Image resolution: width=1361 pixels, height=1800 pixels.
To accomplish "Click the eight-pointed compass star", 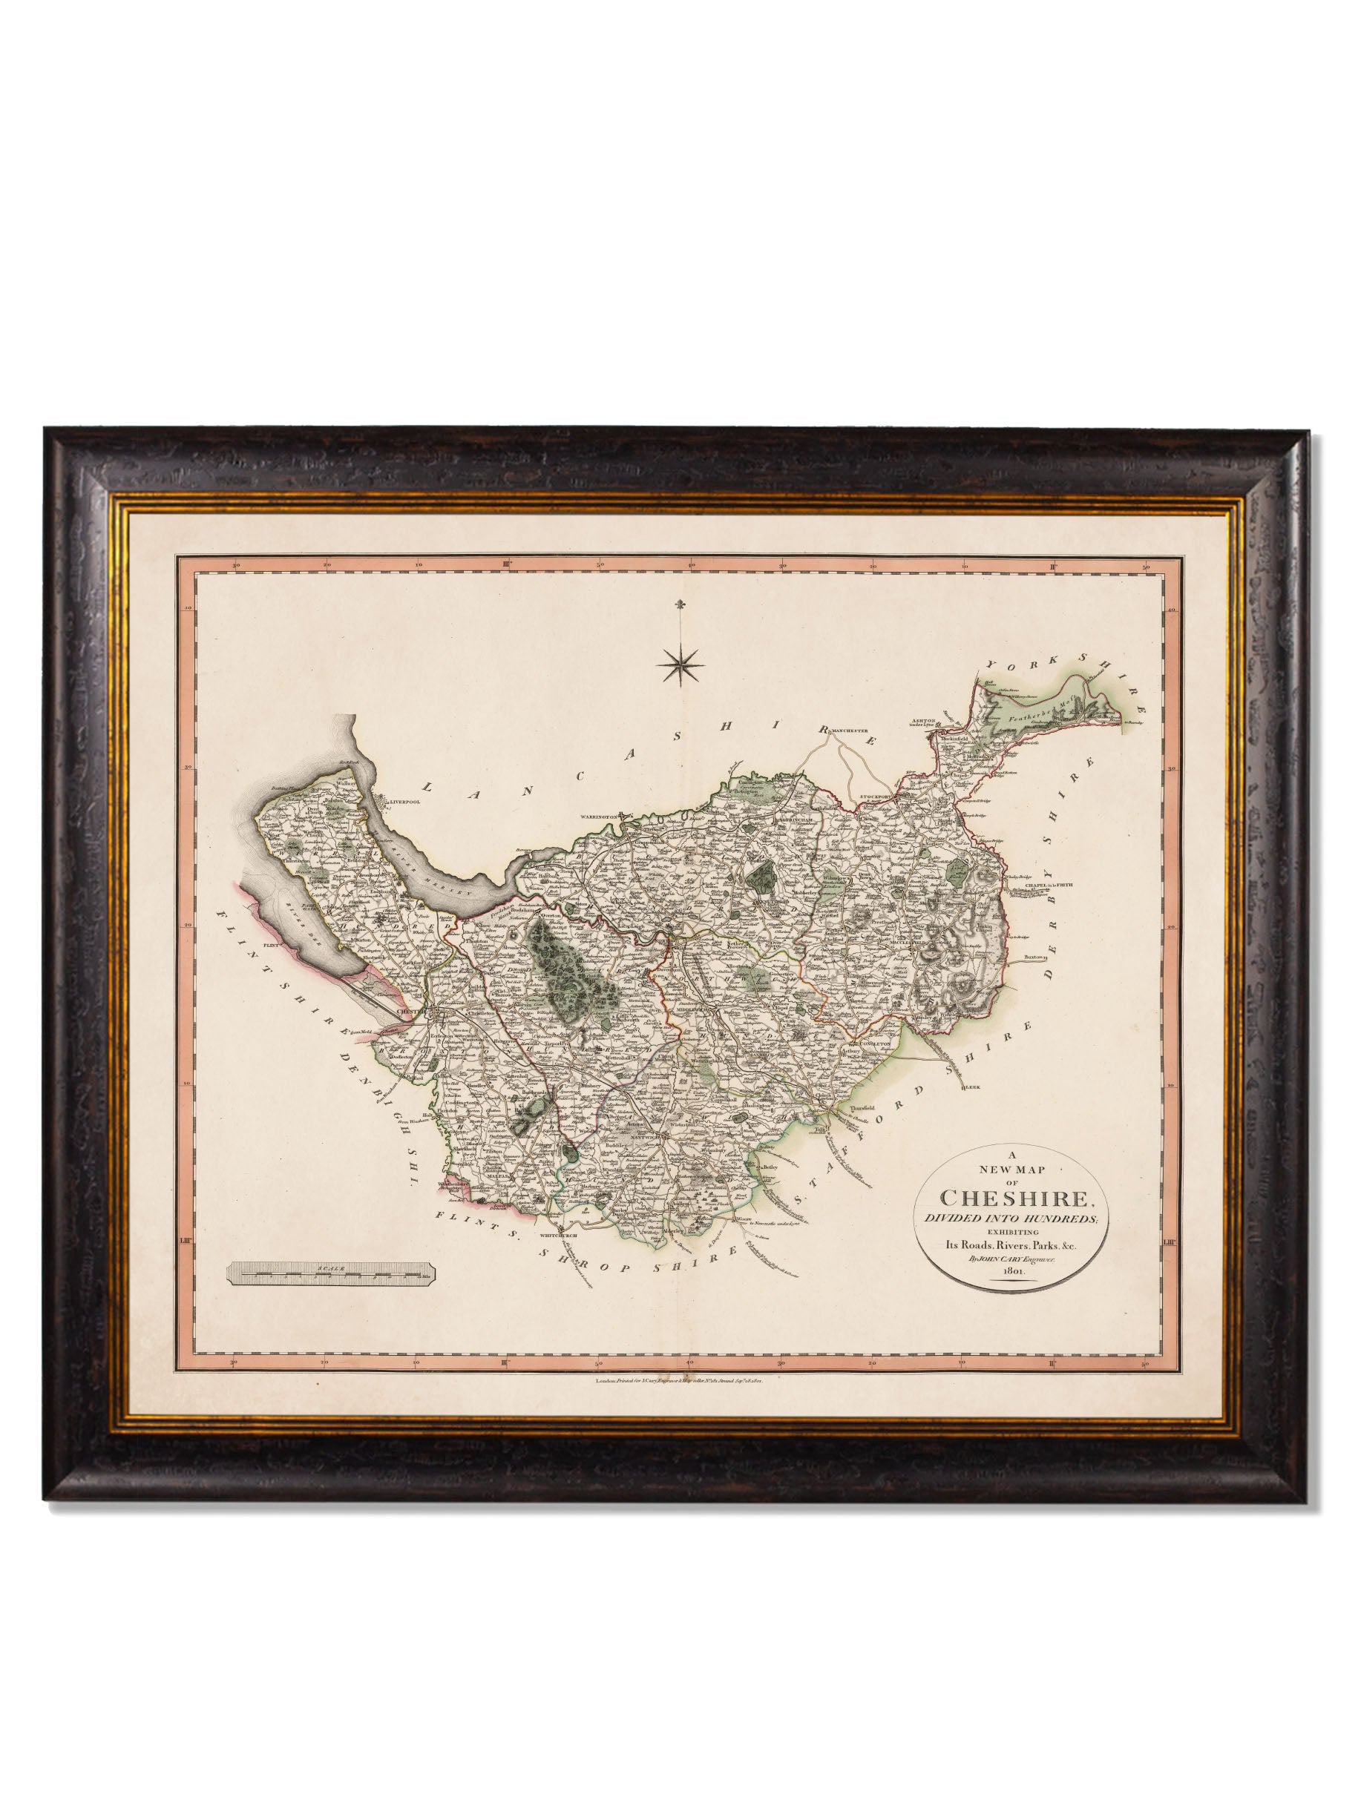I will pyautogui.click(x=683, y=667).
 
